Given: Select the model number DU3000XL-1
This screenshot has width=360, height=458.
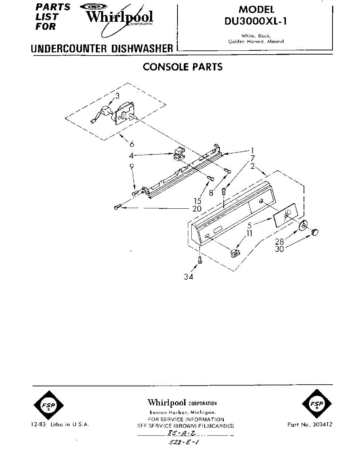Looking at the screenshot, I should [256, 22].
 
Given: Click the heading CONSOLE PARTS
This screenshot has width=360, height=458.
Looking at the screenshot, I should [182, 67].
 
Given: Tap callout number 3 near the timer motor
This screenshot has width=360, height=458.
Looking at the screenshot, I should [117, 95].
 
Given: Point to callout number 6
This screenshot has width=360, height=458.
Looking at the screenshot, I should [132, 144].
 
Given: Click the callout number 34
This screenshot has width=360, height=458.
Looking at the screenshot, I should [188, 277].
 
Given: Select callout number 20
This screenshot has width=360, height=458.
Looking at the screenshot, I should [197, 208].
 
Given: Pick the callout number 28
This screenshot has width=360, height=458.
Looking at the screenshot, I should [279, 242].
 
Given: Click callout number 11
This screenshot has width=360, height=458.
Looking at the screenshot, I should [249, 233].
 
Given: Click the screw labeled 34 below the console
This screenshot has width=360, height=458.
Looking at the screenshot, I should [199, 261].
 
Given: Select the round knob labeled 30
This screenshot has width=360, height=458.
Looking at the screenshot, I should [315, 231].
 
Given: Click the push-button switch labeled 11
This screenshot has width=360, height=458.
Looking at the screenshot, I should [235, 252].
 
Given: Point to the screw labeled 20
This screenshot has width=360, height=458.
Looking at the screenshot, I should [117, 207].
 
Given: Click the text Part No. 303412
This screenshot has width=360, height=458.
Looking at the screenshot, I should [309, 424].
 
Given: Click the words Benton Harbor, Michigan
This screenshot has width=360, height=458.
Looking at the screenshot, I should [182, 413].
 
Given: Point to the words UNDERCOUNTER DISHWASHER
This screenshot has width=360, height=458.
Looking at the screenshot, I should [102, 49].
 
